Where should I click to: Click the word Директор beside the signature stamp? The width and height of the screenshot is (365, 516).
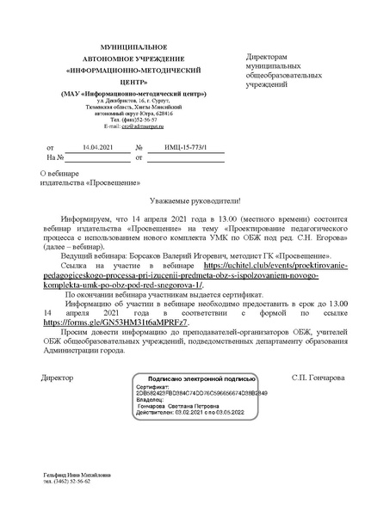click(x=58, y=353)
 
